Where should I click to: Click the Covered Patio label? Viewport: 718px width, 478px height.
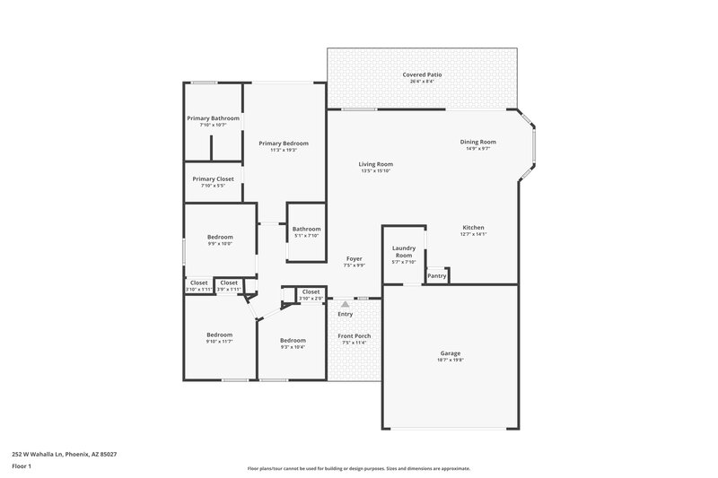point(421,75)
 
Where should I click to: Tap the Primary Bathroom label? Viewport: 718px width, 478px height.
point(213,118)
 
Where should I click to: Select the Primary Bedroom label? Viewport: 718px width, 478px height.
point(284,143)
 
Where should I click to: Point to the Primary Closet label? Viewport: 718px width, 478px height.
point(213,178)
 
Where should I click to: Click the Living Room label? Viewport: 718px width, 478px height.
point(376,164)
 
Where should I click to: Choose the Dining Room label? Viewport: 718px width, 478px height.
point(478,142)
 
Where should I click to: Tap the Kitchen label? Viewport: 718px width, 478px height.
point(474,228)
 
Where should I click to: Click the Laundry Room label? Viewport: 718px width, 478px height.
point(404,251)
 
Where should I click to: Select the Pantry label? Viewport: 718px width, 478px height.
point(437,276)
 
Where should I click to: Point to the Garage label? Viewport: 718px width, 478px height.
point(451,352)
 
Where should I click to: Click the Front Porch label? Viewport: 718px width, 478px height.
point(355,336)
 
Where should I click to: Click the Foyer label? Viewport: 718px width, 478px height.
point(354,258)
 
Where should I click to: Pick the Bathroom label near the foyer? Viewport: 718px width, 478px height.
point(306,229)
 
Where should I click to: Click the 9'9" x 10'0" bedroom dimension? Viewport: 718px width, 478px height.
point(220,243)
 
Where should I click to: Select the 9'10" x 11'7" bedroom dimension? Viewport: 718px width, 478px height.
point(219,341)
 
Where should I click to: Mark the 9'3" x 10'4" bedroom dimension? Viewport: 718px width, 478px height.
point(293,347)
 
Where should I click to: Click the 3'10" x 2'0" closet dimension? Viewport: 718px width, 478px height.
point(311,298)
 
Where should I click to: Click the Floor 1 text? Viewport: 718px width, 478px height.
point(22,467)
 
